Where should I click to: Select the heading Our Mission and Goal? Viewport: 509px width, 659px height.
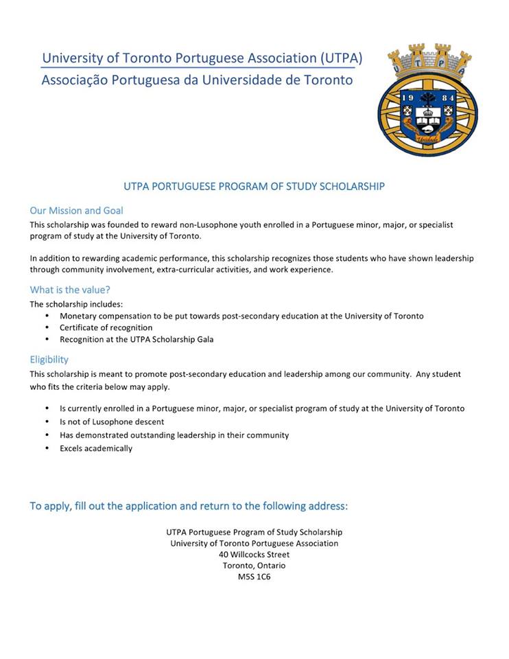(76, 211)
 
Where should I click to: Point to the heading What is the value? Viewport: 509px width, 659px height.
(70, 290)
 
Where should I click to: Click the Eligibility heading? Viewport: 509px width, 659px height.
(49, 359)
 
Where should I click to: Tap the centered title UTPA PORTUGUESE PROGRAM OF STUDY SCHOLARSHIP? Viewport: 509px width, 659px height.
(254, 186)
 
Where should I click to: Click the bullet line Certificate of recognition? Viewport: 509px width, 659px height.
(106, 327)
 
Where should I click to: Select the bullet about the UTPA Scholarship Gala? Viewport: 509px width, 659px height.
(137, 339)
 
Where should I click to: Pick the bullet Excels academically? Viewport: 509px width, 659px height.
(96, 448)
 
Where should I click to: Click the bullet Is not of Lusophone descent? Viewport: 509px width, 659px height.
(112, 421)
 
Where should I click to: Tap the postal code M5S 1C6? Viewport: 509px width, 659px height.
(254, 577)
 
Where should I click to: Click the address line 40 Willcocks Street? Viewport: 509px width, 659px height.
(254, 554)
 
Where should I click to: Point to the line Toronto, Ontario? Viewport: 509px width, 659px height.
(254, 566)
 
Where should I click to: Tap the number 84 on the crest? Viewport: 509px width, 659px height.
(448, 98)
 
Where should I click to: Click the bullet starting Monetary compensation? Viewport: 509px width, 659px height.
(241, 316)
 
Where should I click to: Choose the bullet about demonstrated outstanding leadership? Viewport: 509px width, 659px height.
(174, 435)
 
